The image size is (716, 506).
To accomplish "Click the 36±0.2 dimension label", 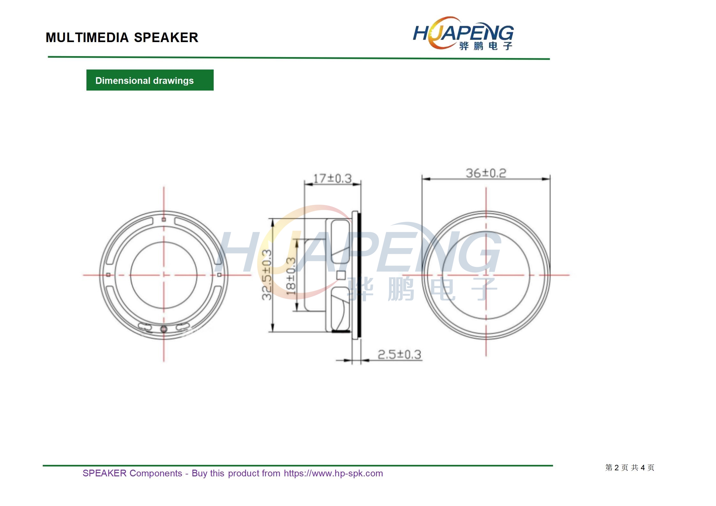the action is tap(486, 173).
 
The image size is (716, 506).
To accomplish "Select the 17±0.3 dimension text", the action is tap(332, 179).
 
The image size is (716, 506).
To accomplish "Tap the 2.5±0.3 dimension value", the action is tap(399, 355).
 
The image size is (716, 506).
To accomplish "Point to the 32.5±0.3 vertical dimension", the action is tap(267, 275).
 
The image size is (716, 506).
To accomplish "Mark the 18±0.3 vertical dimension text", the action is tap(291, 276).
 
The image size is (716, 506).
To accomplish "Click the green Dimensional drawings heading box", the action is tap(150, 80).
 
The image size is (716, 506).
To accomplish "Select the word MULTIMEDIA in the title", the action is tap(87, 38).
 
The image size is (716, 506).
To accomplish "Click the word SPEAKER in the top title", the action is tap(166, 38).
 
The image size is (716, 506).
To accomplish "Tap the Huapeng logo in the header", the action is tap(463, 33).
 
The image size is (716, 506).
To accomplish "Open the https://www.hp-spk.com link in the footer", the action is tap(333, 473).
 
